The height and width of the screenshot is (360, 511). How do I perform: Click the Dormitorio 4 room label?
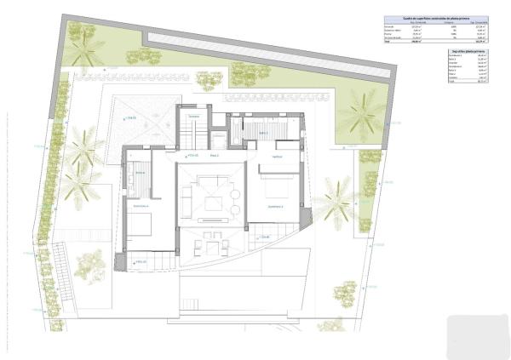point(141,206)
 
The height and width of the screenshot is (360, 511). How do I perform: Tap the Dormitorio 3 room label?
point(274,206)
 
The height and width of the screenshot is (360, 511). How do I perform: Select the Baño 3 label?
point(264,134)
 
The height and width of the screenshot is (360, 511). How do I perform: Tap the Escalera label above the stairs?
point(193,117)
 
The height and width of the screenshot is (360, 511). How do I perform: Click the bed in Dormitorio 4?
point(141,224)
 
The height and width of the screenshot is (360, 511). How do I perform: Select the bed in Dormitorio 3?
point(274,186)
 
